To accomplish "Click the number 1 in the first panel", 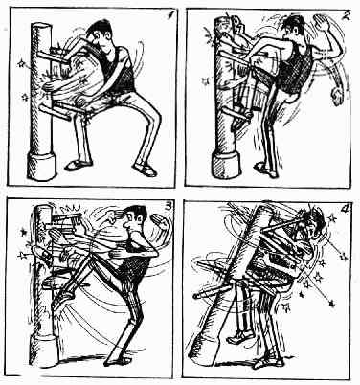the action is tap(171, 15).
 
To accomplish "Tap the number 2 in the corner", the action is tap(346, 16).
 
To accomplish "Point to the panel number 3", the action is tap(168, 207).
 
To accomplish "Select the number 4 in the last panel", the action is tap(344, 209).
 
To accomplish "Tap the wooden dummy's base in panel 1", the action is tap(41, 166).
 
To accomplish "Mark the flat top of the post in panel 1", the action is tap(41, 27).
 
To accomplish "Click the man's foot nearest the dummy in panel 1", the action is tap(78, 165).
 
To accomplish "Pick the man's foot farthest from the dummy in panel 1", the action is tap(146, 170).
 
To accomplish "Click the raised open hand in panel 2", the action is tap(323, 22).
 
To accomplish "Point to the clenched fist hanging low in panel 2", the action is tap(337, 96).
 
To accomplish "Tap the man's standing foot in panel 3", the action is tap(119, 360).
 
